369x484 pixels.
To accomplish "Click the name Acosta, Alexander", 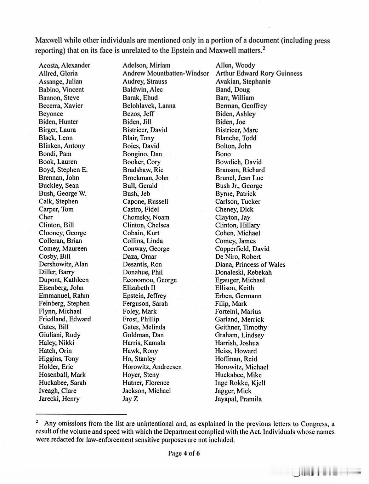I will pyautogui.click(x=64, y=65).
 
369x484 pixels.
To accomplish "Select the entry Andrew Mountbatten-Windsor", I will pyautogui.click(x=166, y=73).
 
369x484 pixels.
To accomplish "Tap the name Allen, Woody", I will pyautogui.click(x=235, y=65).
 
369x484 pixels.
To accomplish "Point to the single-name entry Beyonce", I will pyautogui.click(x=51, y=114).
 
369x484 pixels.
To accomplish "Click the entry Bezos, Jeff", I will pyautogui.click(x=138, y=114).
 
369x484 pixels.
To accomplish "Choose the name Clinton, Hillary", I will pyautogui.click(x=237, y=225).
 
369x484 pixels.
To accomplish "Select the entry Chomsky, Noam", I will pyautogui.click(x=146, y=217).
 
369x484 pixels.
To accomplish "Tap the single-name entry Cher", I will pyautogui.click(x=46, y=217).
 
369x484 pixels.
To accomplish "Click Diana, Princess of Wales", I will pyautogui.click(x=250, y=265).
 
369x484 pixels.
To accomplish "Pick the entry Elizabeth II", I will pyautogui.click(x=139, y=288).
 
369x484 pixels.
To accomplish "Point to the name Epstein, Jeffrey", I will pyautogui.click(x=144, y=296).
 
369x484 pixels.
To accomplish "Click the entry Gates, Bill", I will pyautogui.click(x=54, y=327).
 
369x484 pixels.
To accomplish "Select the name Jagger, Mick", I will pyautogui.click(x=233, y=391).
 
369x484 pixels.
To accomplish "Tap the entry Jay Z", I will pyautogui.click(x=130, y=399).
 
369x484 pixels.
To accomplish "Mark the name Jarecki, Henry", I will pyautogui.click(x=59, y=399).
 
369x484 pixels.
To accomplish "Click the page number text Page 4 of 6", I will pyautogui.click(x=184, y=453).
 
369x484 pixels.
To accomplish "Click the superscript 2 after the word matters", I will pyautogui.click(x=263, y=49).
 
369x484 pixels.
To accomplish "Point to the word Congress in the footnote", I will pyautogui.click(x=314, y=424).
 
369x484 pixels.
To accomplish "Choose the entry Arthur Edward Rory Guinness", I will pyautogui.click(x=259, y=73).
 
